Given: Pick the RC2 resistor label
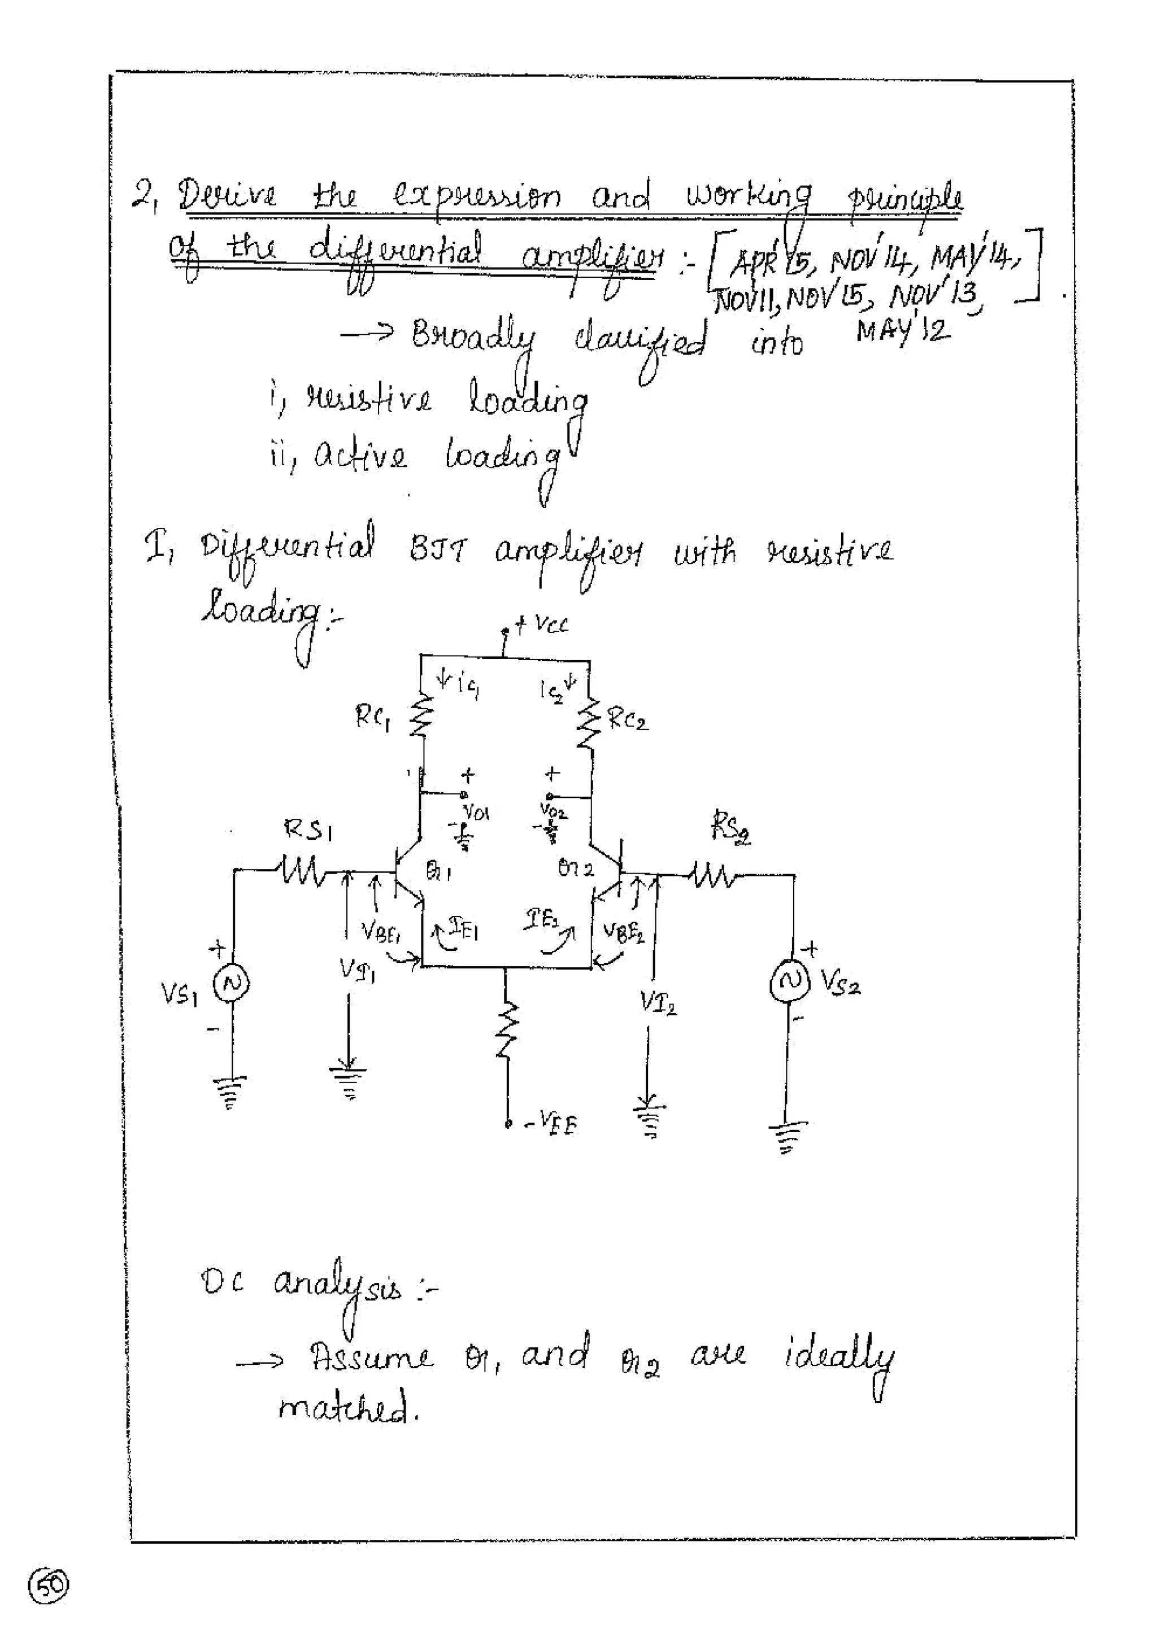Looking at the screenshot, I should (628, 721).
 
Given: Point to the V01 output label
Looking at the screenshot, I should (476, 812).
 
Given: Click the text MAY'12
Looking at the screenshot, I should (903, 330).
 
